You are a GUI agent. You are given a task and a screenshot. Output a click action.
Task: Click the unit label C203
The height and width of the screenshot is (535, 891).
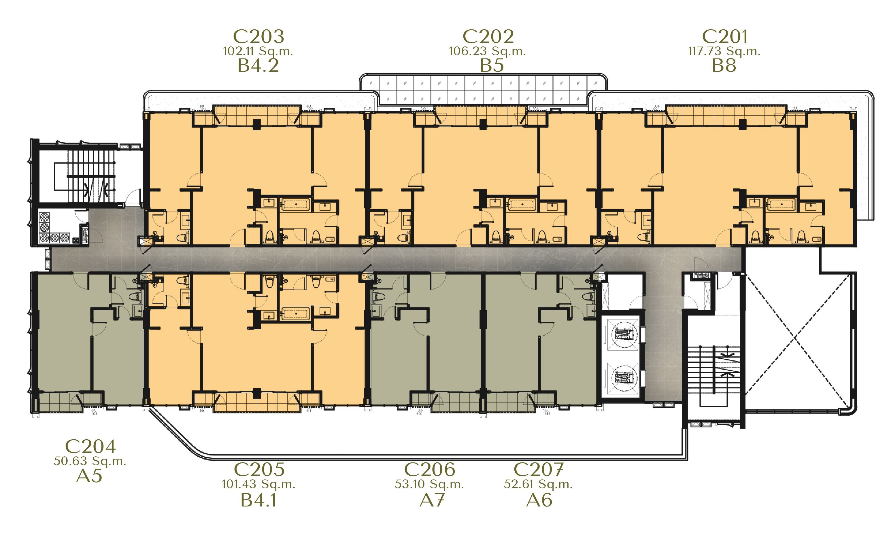click(258, 36)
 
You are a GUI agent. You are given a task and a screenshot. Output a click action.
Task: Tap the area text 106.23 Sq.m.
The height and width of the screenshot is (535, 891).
click(487, 51)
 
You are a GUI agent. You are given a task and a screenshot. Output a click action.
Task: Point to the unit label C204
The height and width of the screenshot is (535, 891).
click(90, 447)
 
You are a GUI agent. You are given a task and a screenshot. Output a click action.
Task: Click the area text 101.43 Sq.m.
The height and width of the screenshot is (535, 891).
click(258, 484)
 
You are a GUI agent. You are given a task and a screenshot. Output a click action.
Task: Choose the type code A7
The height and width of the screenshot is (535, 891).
click(432, 500)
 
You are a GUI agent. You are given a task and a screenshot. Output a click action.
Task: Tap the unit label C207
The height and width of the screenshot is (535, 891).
click(538, 469)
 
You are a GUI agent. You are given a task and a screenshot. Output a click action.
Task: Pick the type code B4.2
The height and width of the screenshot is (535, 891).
click(258, 66)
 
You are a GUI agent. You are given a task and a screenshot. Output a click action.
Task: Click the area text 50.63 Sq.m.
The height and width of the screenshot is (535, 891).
click(90, 461)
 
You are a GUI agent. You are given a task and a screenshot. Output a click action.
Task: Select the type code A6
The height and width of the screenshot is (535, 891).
click(539, 500)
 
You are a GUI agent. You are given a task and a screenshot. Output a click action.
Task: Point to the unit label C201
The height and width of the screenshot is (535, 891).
click(725, 36)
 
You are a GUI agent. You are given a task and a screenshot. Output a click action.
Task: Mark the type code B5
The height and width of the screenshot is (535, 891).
click(492, 66)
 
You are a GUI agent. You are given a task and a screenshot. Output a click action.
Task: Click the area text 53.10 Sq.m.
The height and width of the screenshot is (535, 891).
click(429, 484)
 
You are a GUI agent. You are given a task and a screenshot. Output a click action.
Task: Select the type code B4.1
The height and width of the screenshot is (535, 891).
click(258, 500)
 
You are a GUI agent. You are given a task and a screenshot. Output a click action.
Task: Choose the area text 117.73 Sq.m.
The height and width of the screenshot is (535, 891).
click(724, 51)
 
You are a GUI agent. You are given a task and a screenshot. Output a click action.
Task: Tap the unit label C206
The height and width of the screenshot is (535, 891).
click(429, 469)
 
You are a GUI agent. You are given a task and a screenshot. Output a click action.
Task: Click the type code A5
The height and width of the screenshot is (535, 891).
click(89, 476)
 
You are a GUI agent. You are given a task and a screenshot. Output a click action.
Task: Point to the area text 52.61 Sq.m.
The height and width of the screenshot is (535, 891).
click(538, 484)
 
